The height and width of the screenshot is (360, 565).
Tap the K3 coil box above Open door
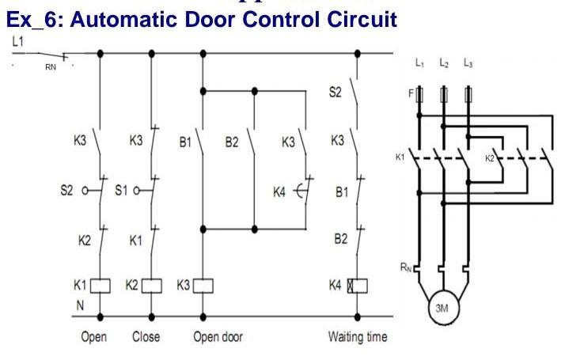pyautogui.click(x=204, y=283)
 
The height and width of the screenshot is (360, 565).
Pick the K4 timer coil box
pyautogui.click(x=358, y=283)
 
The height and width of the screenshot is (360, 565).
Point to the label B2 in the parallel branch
pyautogui.click(x=231, y=143)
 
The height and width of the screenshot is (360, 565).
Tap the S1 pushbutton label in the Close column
pyautogui.click(x=120, y=190)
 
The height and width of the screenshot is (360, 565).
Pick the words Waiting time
pyautogui.click(x=358, y=337)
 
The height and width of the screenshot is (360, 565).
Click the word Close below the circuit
pyautogui.click(x=146, y=337)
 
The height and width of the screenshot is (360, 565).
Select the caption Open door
pyautogui.click(x=218, y=337)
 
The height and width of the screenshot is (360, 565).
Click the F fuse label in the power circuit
pyautogui.click(x=411, y=93)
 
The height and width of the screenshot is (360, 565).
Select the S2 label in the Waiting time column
pyautogui.click(x=336, y=93)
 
